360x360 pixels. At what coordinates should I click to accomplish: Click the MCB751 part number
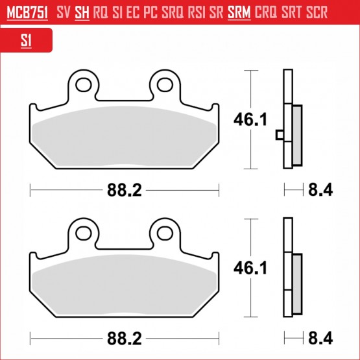pyautogui.click(x=27, y=12)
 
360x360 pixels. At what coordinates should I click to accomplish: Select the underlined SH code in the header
pyautogui.click(x=82, y=12)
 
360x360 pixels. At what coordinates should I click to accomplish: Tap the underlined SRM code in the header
pyautogui.click(x=239, y=12)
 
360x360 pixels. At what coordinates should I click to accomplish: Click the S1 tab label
pyautogui.click(x=26, y=40)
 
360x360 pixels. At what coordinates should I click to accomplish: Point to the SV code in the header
pyautogui.click(x=63, y=12)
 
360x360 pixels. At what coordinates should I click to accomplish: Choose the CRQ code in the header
pyautogui.click(x=266, y=12)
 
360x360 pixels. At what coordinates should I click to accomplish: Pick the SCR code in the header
pyautogui.click(x=317, y=12)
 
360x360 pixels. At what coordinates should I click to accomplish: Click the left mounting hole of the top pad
pyautogui.click(x=84, y=85)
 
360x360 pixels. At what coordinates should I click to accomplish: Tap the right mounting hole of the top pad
pyautogui.click(x=165, y=85)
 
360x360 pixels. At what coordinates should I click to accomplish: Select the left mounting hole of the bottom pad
pyautogui.click(x=84, y=234)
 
